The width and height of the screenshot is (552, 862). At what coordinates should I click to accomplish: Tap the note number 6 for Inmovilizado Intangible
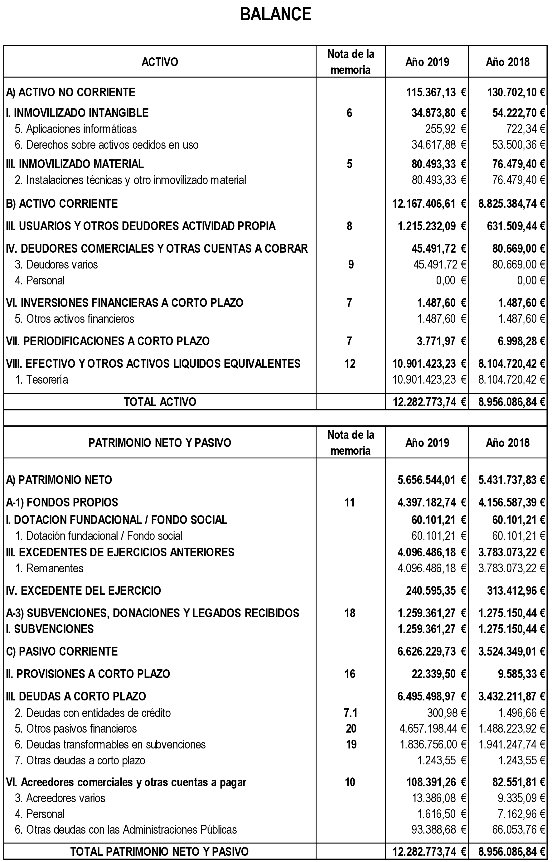[350, 113]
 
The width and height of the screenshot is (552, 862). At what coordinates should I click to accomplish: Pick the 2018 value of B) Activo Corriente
[511, 204]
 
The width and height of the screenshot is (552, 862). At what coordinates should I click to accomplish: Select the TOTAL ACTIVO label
[160, 402]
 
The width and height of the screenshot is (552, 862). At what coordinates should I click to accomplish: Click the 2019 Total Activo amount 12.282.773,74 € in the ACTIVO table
[429, 402]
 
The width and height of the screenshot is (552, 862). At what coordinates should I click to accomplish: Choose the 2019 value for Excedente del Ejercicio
[436, 590]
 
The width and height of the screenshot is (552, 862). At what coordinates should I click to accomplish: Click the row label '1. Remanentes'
[50, 568]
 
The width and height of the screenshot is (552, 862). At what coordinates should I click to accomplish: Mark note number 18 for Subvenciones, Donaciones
[350, 613]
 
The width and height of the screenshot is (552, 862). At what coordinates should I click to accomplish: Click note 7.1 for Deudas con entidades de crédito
[350, 713]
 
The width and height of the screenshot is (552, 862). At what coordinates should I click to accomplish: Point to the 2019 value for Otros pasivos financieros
[433, 729]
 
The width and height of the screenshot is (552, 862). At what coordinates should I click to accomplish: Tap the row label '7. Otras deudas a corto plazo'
[80, 760]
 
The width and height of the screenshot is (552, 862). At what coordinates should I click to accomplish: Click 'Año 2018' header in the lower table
[507, 443]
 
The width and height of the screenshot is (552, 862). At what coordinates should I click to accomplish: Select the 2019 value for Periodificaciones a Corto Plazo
[441, 341]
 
